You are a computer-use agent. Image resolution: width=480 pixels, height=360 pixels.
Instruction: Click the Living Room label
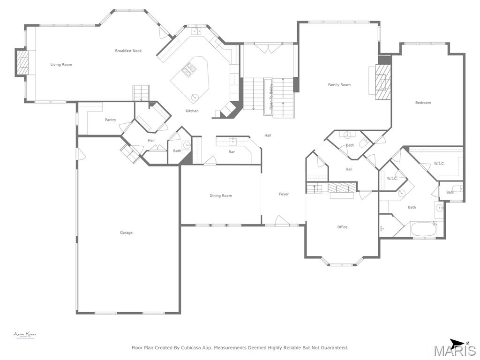pyautogui.click(x=61, y=65)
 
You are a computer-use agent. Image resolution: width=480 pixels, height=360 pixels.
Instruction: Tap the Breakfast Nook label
pyautogui.click(x=128, y=51)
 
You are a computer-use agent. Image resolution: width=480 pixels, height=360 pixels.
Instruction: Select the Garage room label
pyautogui.click(x=126, y=232)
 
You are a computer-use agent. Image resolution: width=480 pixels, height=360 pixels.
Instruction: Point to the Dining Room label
pyautogui.click(x=221, y=195)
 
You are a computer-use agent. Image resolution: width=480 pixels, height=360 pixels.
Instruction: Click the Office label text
pyautogui.click(x=343, y=227)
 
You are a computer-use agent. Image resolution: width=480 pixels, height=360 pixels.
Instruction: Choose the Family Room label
pyautogui.click(x=339, y=85)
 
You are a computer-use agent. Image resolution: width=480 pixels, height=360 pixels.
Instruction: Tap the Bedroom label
pyautogui.click(x=423, y=103)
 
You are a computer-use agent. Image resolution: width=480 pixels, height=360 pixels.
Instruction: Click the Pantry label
pyautogui.click(x=111, y=120)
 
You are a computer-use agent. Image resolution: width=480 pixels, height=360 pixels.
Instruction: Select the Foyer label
pyautogui.click(x=284, y=194)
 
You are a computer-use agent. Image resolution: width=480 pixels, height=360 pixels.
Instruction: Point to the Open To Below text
pyautogui.click(x=270, y=94)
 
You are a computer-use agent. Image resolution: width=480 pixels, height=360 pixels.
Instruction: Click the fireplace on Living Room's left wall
pyautogui.click(x=22, y=62)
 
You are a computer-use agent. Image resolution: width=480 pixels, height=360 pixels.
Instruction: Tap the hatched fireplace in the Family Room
pyautogui.click(x=382, y=82)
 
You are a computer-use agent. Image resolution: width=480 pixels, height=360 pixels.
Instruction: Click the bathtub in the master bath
pyautogui.click(x=424, y=229)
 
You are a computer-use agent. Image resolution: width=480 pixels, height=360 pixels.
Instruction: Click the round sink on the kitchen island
pyautogui.click(x=195, y=97)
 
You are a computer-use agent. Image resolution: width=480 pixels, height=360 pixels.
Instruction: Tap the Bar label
pyautogui.click(x=232, y=152)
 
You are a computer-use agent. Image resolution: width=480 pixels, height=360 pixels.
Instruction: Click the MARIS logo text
pyautogui.click(x=455, y=351)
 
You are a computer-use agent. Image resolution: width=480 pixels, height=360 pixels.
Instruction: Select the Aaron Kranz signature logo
pyautogui.click(x=25, y=335)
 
